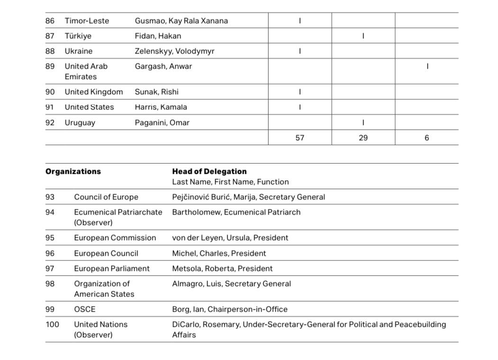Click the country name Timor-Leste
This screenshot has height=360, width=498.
pyautogui.click(x=87, y=21)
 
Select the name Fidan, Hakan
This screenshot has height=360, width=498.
pyautogui.click(x=158, y=36)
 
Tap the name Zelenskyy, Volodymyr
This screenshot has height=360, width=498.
pyautogui.click(x=174, y=51)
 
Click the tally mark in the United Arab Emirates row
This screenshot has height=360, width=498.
pyautogui.click(x=427, y=67)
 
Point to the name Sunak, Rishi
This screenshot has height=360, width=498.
pyautogui.click(x=156, y=92)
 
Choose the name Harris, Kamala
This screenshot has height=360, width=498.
pyautogui.click(x=161, y=107)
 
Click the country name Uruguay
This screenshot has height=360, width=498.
pyautogui.click(x=80, y=123)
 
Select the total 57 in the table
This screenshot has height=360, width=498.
pyautogui.click(x=299, y=138)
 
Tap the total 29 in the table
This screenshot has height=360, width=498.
pyautogui.click(x=363, y=138)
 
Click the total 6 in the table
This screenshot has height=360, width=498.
pyautogui.click(x=426, y=138)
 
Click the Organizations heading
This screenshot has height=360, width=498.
pyautogui.click(x=73, y=171)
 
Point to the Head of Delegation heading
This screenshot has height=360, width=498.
pyautogui.click(x=209, y=171)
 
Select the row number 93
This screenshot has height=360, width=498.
pyautogui.click(x=50, y=197)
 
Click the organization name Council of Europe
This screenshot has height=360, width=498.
pyautogui.click(x=106, y=197)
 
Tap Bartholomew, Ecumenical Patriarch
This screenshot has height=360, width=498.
pyautogui.click(x=236, y=212)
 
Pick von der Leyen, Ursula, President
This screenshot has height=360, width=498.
pyautogui.click(x=230, y=238)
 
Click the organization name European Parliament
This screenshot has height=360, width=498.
pyautogui.click(x=111, y=269)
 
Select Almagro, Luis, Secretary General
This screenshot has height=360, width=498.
pyautogui.click(x=231, y=284)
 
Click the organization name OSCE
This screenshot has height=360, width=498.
pyautogui.click(x=84, y=309)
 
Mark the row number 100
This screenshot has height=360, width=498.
pyautogui.click(x=52, y=324)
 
